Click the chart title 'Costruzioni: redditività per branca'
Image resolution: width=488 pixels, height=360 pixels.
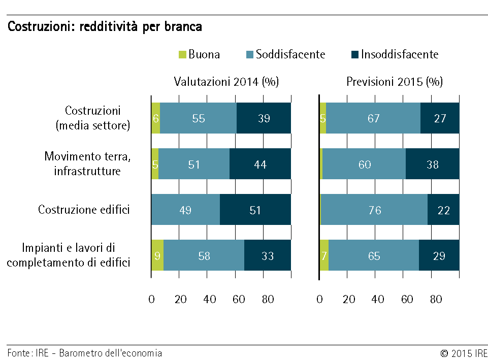[105, 27]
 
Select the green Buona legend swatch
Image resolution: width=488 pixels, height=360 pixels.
[182, 54]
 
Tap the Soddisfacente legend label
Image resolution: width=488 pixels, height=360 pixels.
[290, 54]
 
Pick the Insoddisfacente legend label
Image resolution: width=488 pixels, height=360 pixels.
[400, 54]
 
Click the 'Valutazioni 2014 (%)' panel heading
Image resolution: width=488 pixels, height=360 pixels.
[226, 82]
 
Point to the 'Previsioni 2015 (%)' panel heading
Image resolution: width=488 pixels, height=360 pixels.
[395, 82]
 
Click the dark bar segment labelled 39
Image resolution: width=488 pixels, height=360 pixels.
[264, 118]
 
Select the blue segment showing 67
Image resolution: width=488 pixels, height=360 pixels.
[373, 118]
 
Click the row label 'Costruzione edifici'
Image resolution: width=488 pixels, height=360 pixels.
[84, 210]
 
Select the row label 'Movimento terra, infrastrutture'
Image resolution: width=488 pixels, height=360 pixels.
[87, 163]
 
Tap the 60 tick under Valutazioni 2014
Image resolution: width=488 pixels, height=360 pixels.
[239, 300]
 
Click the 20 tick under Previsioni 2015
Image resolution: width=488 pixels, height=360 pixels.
[349, 300]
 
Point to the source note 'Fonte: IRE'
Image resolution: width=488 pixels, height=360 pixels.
[28, 353]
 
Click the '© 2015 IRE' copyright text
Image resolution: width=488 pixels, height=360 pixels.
[464, 353]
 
